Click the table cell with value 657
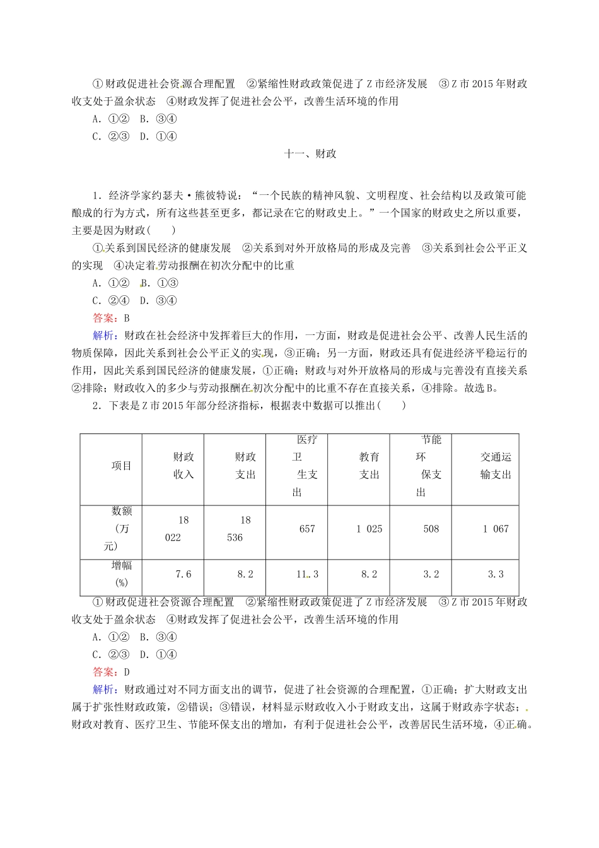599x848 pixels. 307,529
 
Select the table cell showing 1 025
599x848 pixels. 369,529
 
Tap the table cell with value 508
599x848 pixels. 431,529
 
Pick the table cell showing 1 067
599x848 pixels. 496,529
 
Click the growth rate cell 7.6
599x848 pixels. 183,574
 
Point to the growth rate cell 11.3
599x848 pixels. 307,574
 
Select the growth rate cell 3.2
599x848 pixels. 431,574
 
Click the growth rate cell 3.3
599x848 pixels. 496,574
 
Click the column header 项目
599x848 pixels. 121,466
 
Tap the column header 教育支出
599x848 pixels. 369,466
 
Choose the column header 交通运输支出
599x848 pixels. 496,466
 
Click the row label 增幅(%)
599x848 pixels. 121,574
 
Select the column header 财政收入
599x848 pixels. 183,466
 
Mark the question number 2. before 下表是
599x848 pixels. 96,406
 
